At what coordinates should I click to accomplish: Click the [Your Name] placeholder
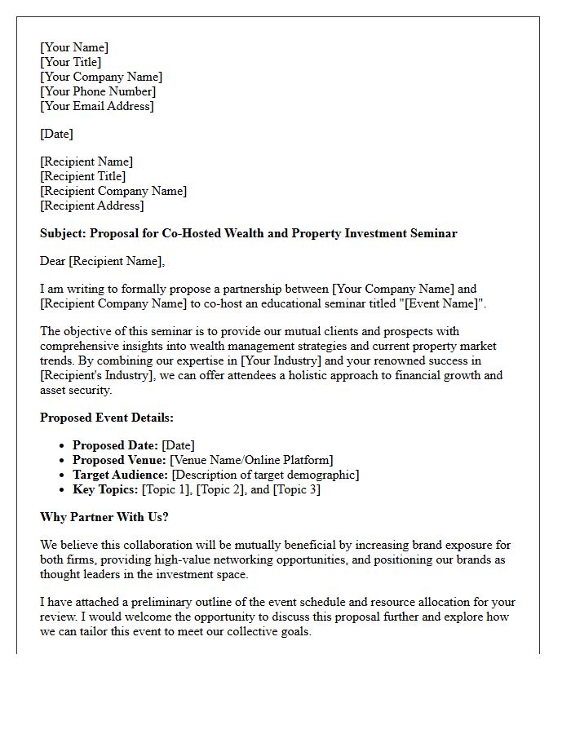pyautogui.click(x=74, y=47)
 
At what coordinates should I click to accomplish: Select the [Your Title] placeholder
pyautogui.click(x=71, y=62)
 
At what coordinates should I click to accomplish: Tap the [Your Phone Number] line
pyautogui.click(x=98, y=91)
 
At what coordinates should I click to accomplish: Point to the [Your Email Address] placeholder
pyautogui.click(x=97, y=106)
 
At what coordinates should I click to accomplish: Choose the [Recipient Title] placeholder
pyautogui.click(x=83, y=176)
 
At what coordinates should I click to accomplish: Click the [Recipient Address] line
pyautogui.click(x=92, y=206)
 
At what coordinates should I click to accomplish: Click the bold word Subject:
pyautogui.click(x=63, y=233)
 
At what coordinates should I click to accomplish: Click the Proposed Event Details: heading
pyautogui.click(x=107, y=418)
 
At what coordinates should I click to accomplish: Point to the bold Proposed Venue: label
pyautogui.click(x=119, y=460)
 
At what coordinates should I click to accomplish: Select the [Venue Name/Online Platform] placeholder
pyautogui.click(x=251, y=460)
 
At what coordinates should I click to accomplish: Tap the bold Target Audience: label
pyautogui.click(x=121, y=475)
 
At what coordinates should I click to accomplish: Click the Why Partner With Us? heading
pyautogui.click(x=104, y=517)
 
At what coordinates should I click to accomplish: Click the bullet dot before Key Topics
pyautogui.click(x=64, y=489)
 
